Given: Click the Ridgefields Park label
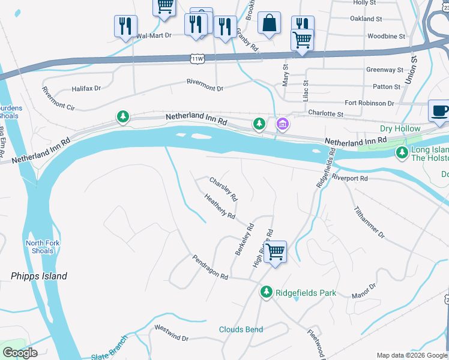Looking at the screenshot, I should (x=306, y=293).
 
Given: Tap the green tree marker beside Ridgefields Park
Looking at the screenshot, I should (x=267, y=292).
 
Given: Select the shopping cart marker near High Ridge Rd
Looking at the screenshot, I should (x=275, y=251).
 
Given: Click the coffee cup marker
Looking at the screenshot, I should (x=439, y=111).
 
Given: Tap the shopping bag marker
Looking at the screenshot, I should (x=270, y=23).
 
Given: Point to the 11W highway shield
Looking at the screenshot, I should (x=196, y=58).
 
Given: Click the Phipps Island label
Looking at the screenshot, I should (x=39, y=277).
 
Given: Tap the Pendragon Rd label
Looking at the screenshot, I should (x=210, y=268).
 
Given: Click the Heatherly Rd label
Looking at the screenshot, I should (x=219, y=206).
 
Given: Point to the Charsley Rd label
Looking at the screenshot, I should (x=223, y=188).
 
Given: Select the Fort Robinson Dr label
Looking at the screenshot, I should (x=369, y=103).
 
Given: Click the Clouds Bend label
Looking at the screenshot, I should (x=241, y=329).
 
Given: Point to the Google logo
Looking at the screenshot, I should (x=20, y=353).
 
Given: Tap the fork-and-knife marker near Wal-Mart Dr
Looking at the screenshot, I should (x=125, y=26).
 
